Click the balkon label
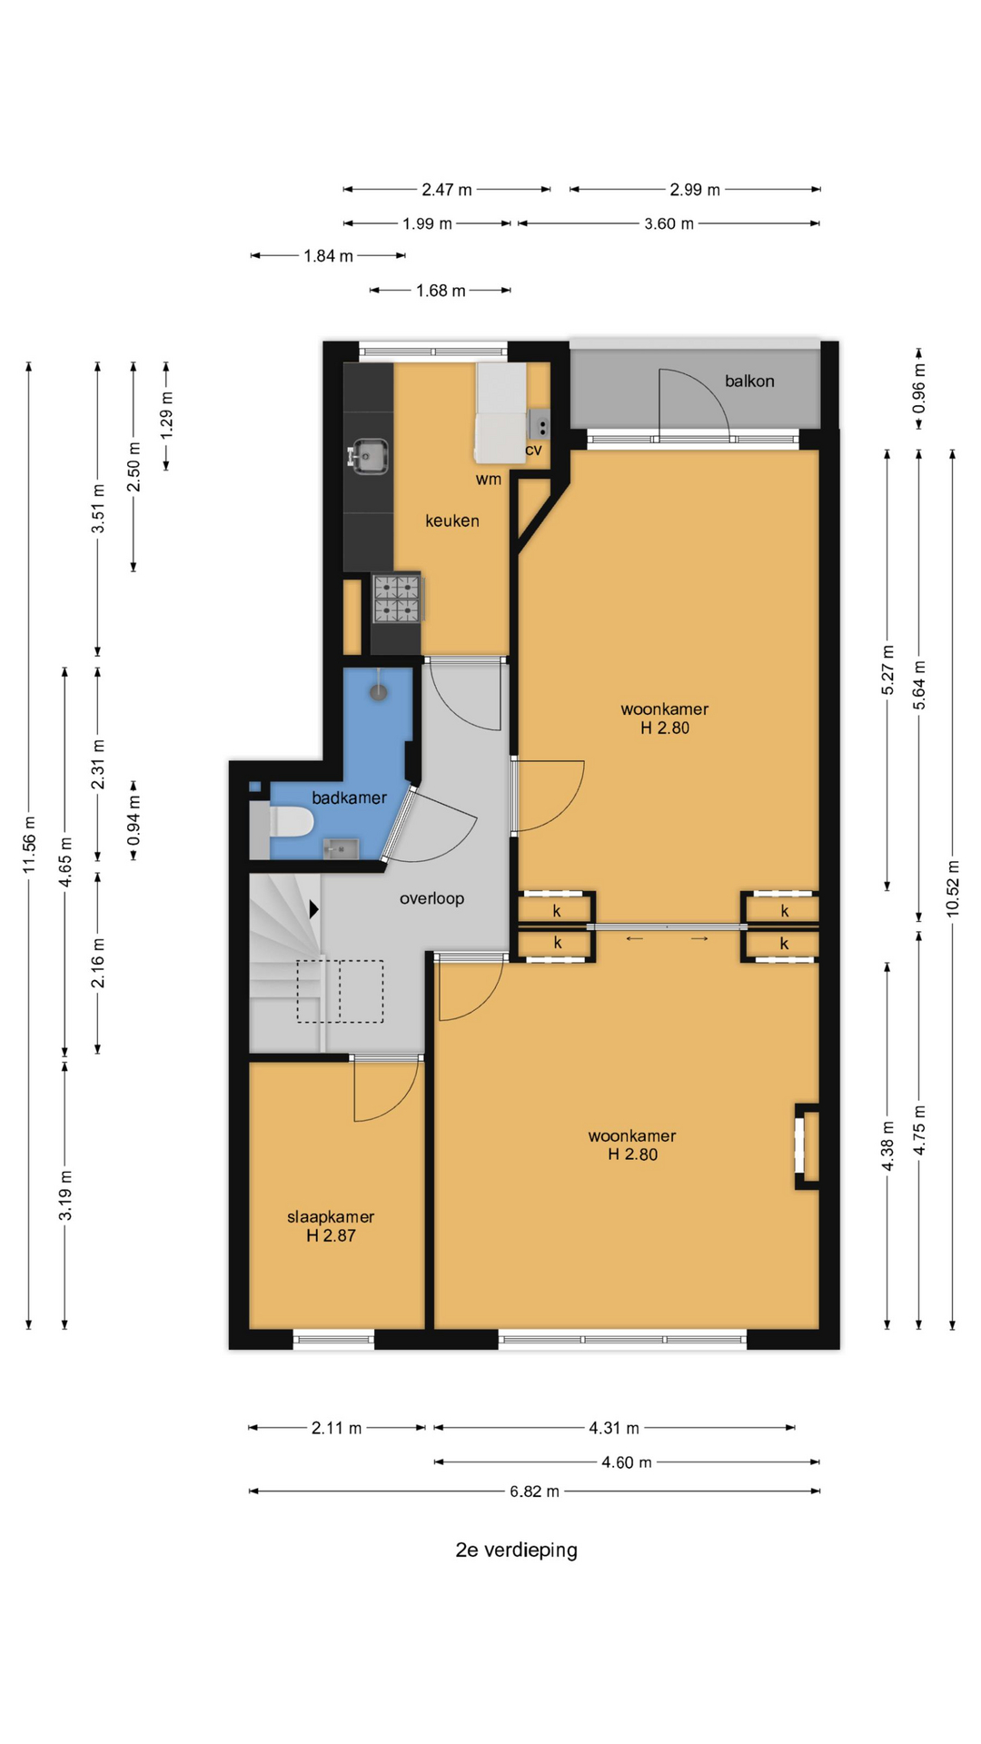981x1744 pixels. (x=749, y=381)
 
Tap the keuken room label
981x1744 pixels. (x=452, y=520)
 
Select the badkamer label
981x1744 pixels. (x=349, y=798)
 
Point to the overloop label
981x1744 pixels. (x=431, y=898)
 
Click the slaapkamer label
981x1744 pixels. (x=331, y=1217)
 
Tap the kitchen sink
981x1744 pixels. (x=369, y=455)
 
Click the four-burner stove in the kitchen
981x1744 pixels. (x=398, y=599)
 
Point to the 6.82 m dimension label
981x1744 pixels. (x=534, y=1491)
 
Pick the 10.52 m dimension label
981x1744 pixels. (x=953, y=887)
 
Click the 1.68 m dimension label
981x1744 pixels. (x=441, y=291)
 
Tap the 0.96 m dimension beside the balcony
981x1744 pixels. (x=919, y=388)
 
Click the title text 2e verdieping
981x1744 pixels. (x=516, y=1550)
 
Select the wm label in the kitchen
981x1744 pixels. (x=489, y=480)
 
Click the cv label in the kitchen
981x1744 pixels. (x=533, y=450)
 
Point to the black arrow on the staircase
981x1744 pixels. (x=314, y=908)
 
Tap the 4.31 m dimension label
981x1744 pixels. (x=614, y=1428)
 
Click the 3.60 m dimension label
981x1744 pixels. (x=669, y=223)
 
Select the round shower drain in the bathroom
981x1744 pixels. (x=379, y=693)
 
